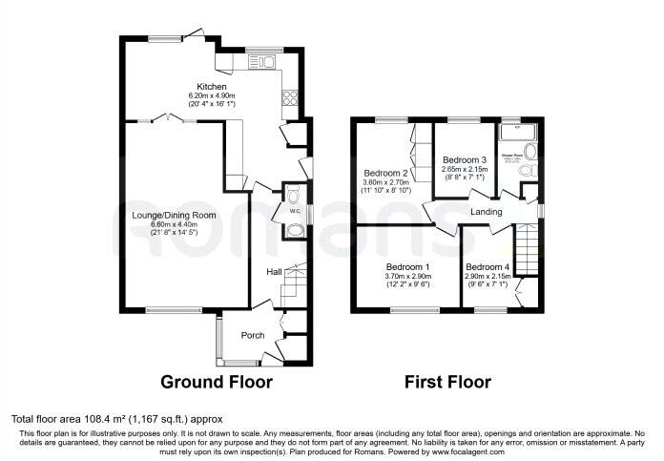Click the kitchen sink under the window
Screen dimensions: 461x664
pyautogui.click(x=260, y=63)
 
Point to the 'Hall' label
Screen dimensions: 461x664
pyautogui.click(x=274, y=272)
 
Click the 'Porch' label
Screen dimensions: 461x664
pyautogui.click(x=253, y=335)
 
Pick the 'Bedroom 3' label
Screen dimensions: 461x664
pyautogui.click(x=465, y=159)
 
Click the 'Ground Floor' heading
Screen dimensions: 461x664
pyautogui.click(x=217, y=383)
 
